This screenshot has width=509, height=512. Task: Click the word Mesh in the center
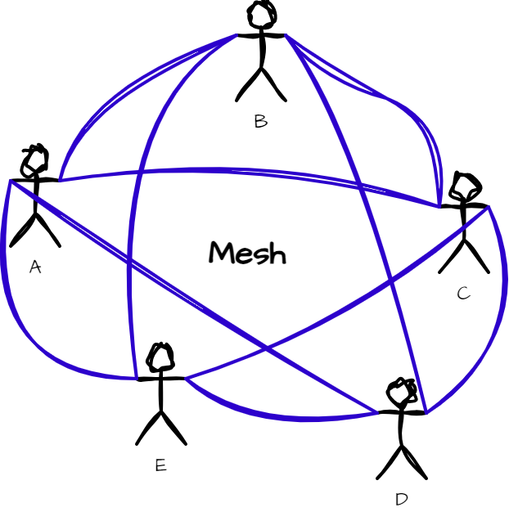(247, 253)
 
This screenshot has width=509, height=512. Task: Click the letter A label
(34, 267)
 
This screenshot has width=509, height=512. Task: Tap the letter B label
(260, 122)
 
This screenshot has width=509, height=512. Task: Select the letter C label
(463, 293)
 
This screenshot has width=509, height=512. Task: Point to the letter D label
(401, 498)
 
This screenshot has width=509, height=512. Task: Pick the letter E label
(160, 465)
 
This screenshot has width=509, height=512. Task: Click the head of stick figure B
(261, 15)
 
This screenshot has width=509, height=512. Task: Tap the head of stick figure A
(35, 159)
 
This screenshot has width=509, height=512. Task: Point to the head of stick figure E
(160, 357)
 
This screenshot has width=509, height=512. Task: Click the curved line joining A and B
(115, 90)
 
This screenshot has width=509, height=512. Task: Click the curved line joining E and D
(278, 417)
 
